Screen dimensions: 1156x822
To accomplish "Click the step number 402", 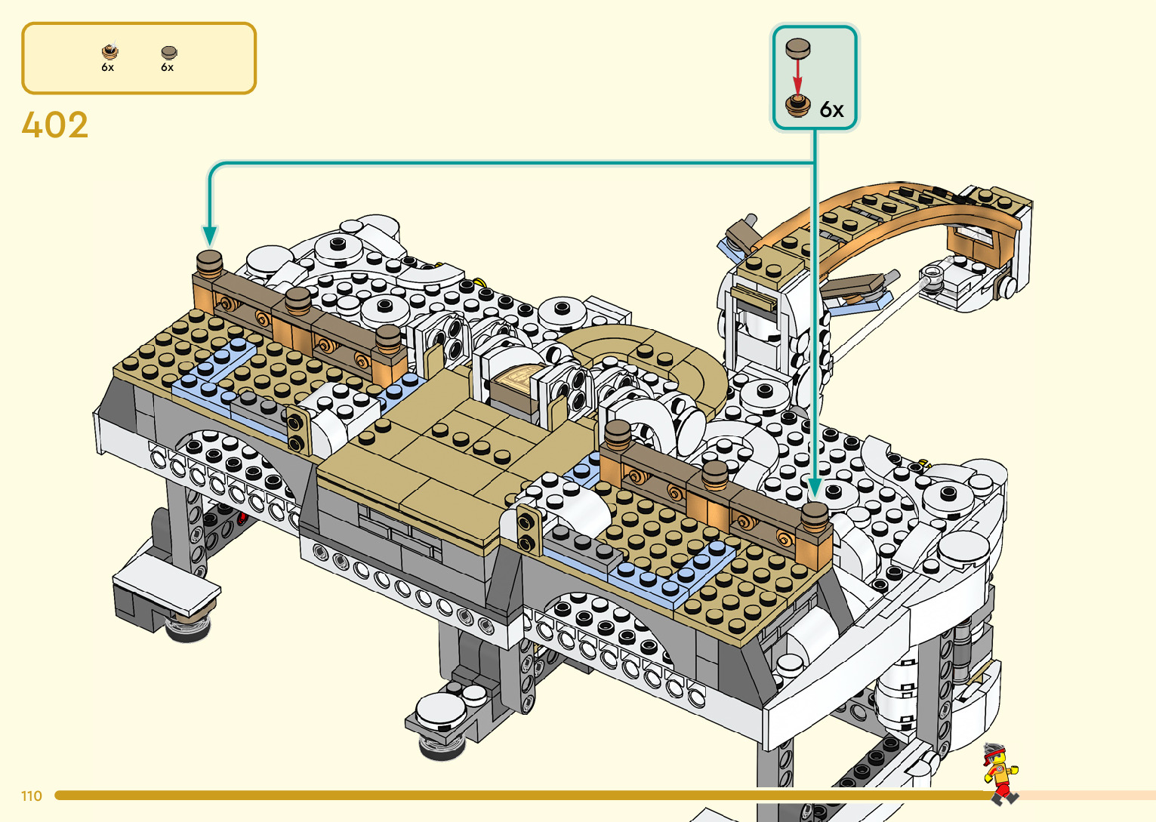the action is [x=54, y=125].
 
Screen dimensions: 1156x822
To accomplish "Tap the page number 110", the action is [x=32, y=796].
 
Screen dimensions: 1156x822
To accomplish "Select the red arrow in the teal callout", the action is [x=798, y=77].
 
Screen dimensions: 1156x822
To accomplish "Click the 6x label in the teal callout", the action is [x=831, y=110].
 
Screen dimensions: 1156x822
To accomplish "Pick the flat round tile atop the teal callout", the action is [x=798, y=48].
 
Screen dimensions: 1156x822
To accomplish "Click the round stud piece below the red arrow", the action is [x=798, y=106].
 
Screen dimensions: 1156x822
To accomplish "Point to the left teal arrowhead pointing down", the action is [x=209, y=236].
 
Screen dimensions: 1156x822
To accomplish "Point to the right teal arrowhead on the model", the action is [x=815, y=488].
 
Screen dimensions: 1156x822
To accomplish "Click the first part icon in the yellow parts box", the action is [x=110, y=51].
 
